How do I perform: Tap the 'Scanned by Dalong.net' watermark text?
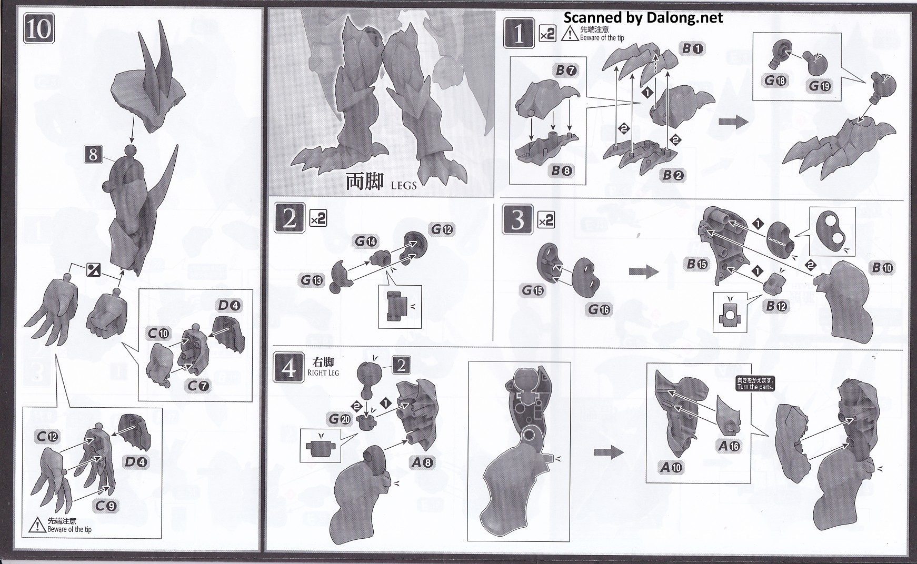643,17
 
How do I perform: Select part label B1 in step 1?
692,49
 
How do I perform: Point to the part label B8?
562,170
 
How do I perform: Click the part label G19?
820,85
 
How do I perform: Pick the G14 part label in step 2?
366,241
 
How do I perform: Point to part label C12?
48,436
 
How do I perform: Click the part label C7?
198,386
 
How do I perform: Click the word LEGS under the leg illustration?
404,185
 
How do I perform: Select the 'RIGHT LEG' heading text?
323,373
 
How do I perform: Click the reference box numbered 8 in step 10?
93,155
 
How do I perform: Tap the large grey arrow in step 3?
644,272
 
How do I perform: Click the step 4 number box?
288,369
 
